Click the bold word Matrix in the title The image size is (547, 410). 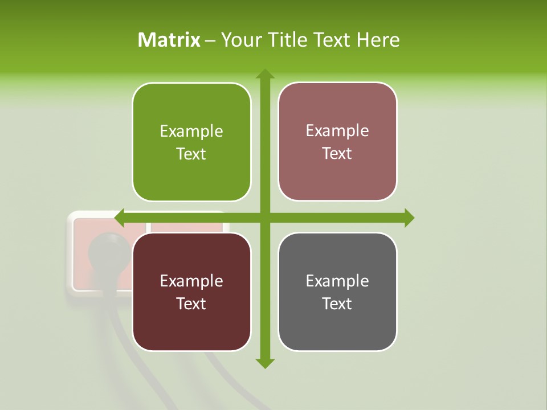pyautogui.click(x=169, y=40)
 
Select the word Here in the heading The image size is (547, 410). pyautogui.click(x=378, y=40)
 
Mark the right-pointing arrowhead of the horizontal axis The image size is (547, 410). pyautogui.click(x=409, y=218)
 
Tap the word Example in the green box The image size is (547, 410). pyautogui.click(x=191, y=132)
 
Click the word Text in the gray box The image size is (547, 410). pyautogui.click(x=337, y=304)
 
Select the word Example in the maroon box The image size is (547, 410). pyautogui.click(x=191, y=281)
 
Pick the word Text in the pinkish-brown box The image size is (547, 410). pyautogui.click(x=337, y=153)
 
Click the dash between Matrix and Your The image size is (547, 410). pyautogui.click(x=210, y=40)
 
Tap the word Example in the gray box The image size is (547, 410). pyautogui.click(x=337, y=281)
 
